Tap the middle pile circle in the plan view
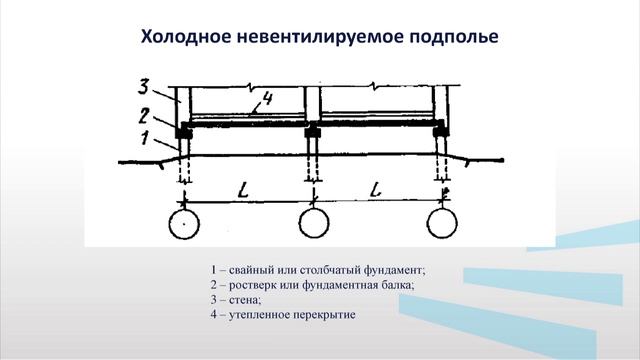click(313, 224)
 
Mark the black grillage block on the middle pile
click(313, 131)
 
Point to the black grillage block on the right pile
click(441, 131)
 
